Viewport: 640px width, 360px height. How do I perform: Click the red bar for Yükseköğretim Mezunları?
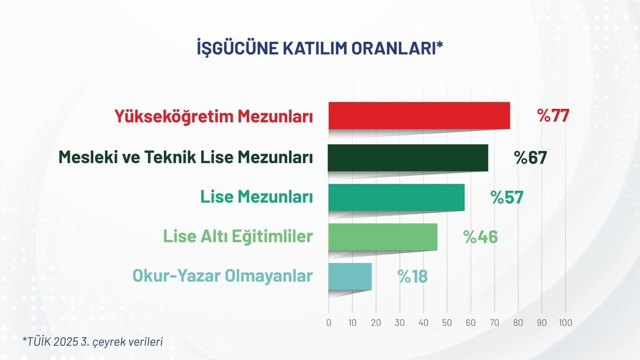(x=419, y=116)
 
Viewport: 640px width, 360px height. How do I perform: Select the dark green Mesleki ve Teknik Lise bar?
(x=408, y=158)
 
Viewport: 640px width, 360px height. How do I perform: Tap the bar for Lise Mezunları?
(x=396, y=197)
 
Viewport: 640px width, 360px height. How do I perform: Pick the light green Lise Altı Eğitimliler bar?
(x=383, y=237)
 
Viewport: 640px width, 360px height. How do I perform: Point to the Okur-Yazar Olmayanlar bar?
(x=350, y=276)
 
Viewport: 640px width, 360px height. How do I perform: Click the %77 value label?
(x=553, y=116)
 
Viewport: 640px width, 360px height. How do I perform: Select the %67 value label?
(x=530, y=158)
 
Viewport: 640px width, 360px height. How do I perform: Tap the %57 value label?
(x=507, y=198)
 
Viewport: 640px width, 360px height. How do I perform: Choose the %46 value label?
(x=480, y=237)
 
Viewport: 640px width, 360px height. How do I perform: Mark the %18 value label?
(x=412, y=277)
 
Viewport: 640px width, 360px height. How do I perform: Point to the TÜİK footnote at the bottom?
(x=92, y=342)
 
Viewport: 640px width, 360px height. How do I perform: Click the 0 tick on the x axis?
(x=329, y=323)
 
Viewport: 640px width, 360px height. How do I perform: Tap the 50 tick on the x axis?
(x=447, y=323)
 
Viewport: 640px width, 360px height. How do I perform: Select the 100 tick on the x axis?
(x=565, y=323)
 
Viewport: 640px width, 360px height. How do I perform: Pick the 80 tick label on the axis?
(x=518, y=323)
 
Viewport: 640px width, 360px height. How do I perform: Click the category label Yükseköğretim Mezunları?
(x=214, y=116)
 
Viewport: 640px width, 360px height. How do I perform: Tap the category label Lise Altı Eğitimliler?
(x=238, y=236)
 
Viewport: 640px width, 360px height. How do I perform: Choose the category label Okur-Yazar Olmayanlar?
(x=222, y=276)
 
